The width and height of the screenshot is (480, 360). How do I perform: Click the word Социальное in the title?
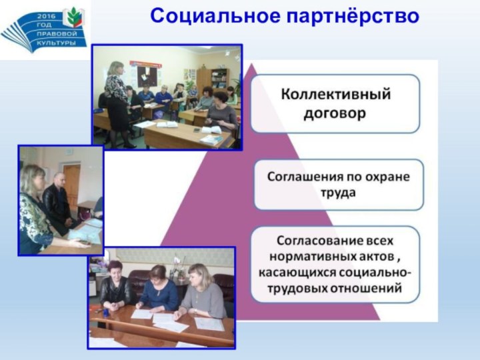[x=215, y=16]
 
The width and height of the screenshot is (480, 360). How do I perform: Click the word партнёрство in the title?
[x=353, y=17]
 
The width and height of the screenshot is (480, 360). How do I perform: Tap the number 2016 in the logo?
[x=46, y=16]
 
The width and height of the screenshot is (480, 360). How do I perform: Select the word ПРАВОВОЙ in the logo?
[x=57, y=34]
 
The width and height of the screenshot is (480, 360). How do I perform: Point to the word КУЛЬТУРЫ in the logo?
[x=56, y=43]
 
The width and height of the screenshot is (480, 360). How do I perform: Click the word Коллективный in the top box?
[x=336, y=94]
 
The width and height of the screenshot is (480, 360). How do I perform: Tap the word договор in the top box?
[x=335, y=113]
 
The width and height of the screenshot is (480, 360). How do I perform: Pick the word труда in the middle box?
[x=338, y=193]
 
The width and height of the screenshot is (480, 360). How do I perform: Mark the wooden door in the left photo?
[x=71, y=187]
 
